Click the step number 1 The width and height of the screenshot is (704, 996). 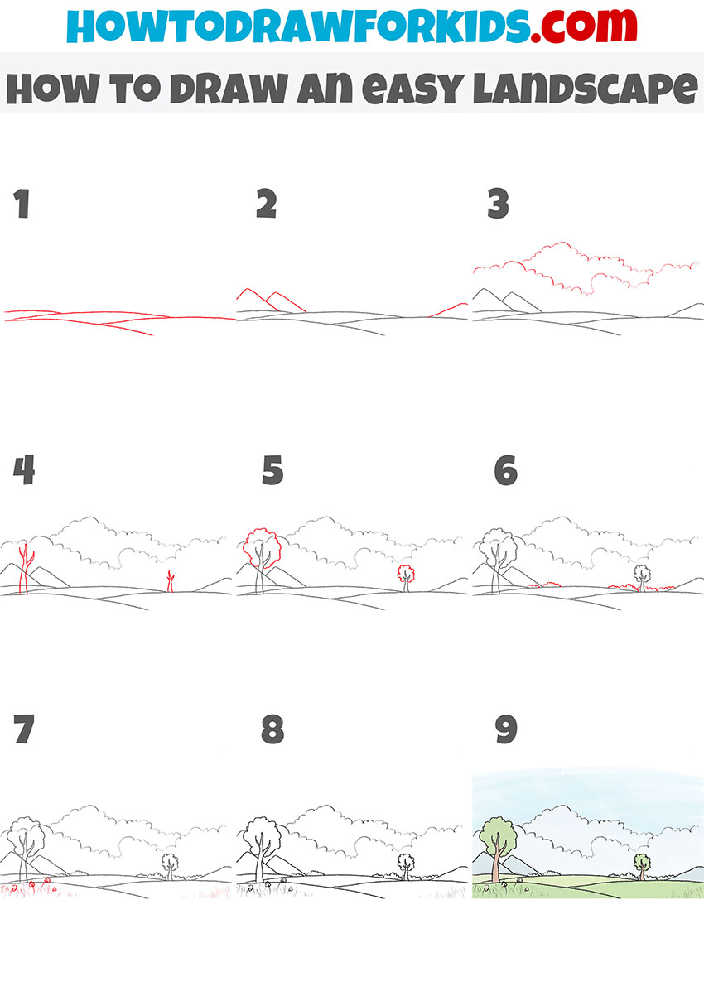pyautogui.click(x=22, y=204)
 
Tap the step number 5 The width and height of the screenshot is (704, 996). pyautogui.click(x=272, y=472)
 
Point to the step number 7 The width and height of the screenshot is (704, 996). pyautogui.click(x=24, y=729)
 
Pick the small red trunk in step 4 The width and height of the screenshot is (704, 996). pyautogui.click(x=171, y=581)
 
